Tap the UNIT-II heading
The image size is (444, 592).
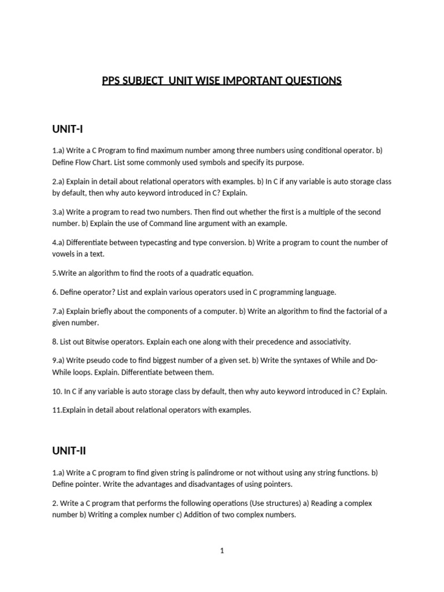pyautogui.click(x=69, y=450)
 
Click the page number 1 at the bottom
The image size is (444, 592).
pyautogui.click(x=222, y=551)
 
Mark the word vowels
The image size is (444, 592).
pyautogui.click(x=64, y=254)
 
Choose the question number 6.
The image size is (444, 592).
pyautogui.click(x=54, y=292)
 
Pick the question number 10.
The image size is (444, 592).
pyautogui.click(x=57, y=391)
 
